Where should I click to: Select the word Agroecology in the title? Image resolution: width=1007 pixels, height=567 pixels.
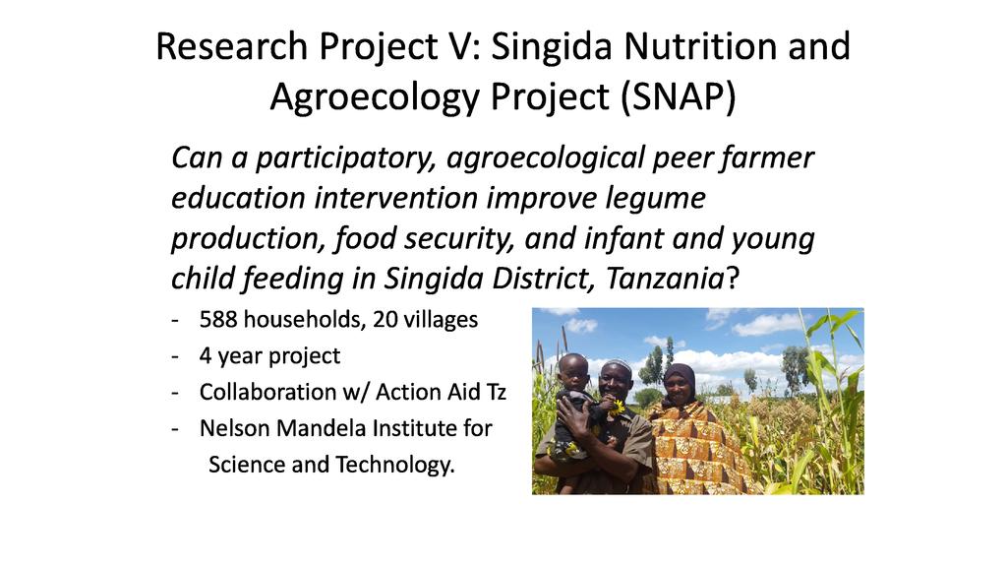pos(375,97)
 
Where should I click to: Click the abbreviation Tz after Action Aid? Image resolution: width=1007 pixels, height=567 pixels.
pos(495,392)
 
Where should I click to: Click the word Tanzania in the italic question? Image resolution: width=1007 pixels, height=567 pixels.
pos(666,279)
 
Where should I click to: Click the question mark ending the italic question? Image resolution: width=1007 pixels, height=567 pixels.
pos(733,279)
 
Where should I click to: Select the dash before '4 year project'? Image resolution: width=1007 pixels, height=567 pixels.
pos(175,356)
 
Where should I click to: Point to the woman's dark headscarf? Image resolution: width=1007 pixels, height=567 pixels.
pos(679,379)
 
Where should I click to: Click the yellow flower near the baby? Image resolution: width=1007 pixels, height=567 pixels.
pos(618,407)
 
